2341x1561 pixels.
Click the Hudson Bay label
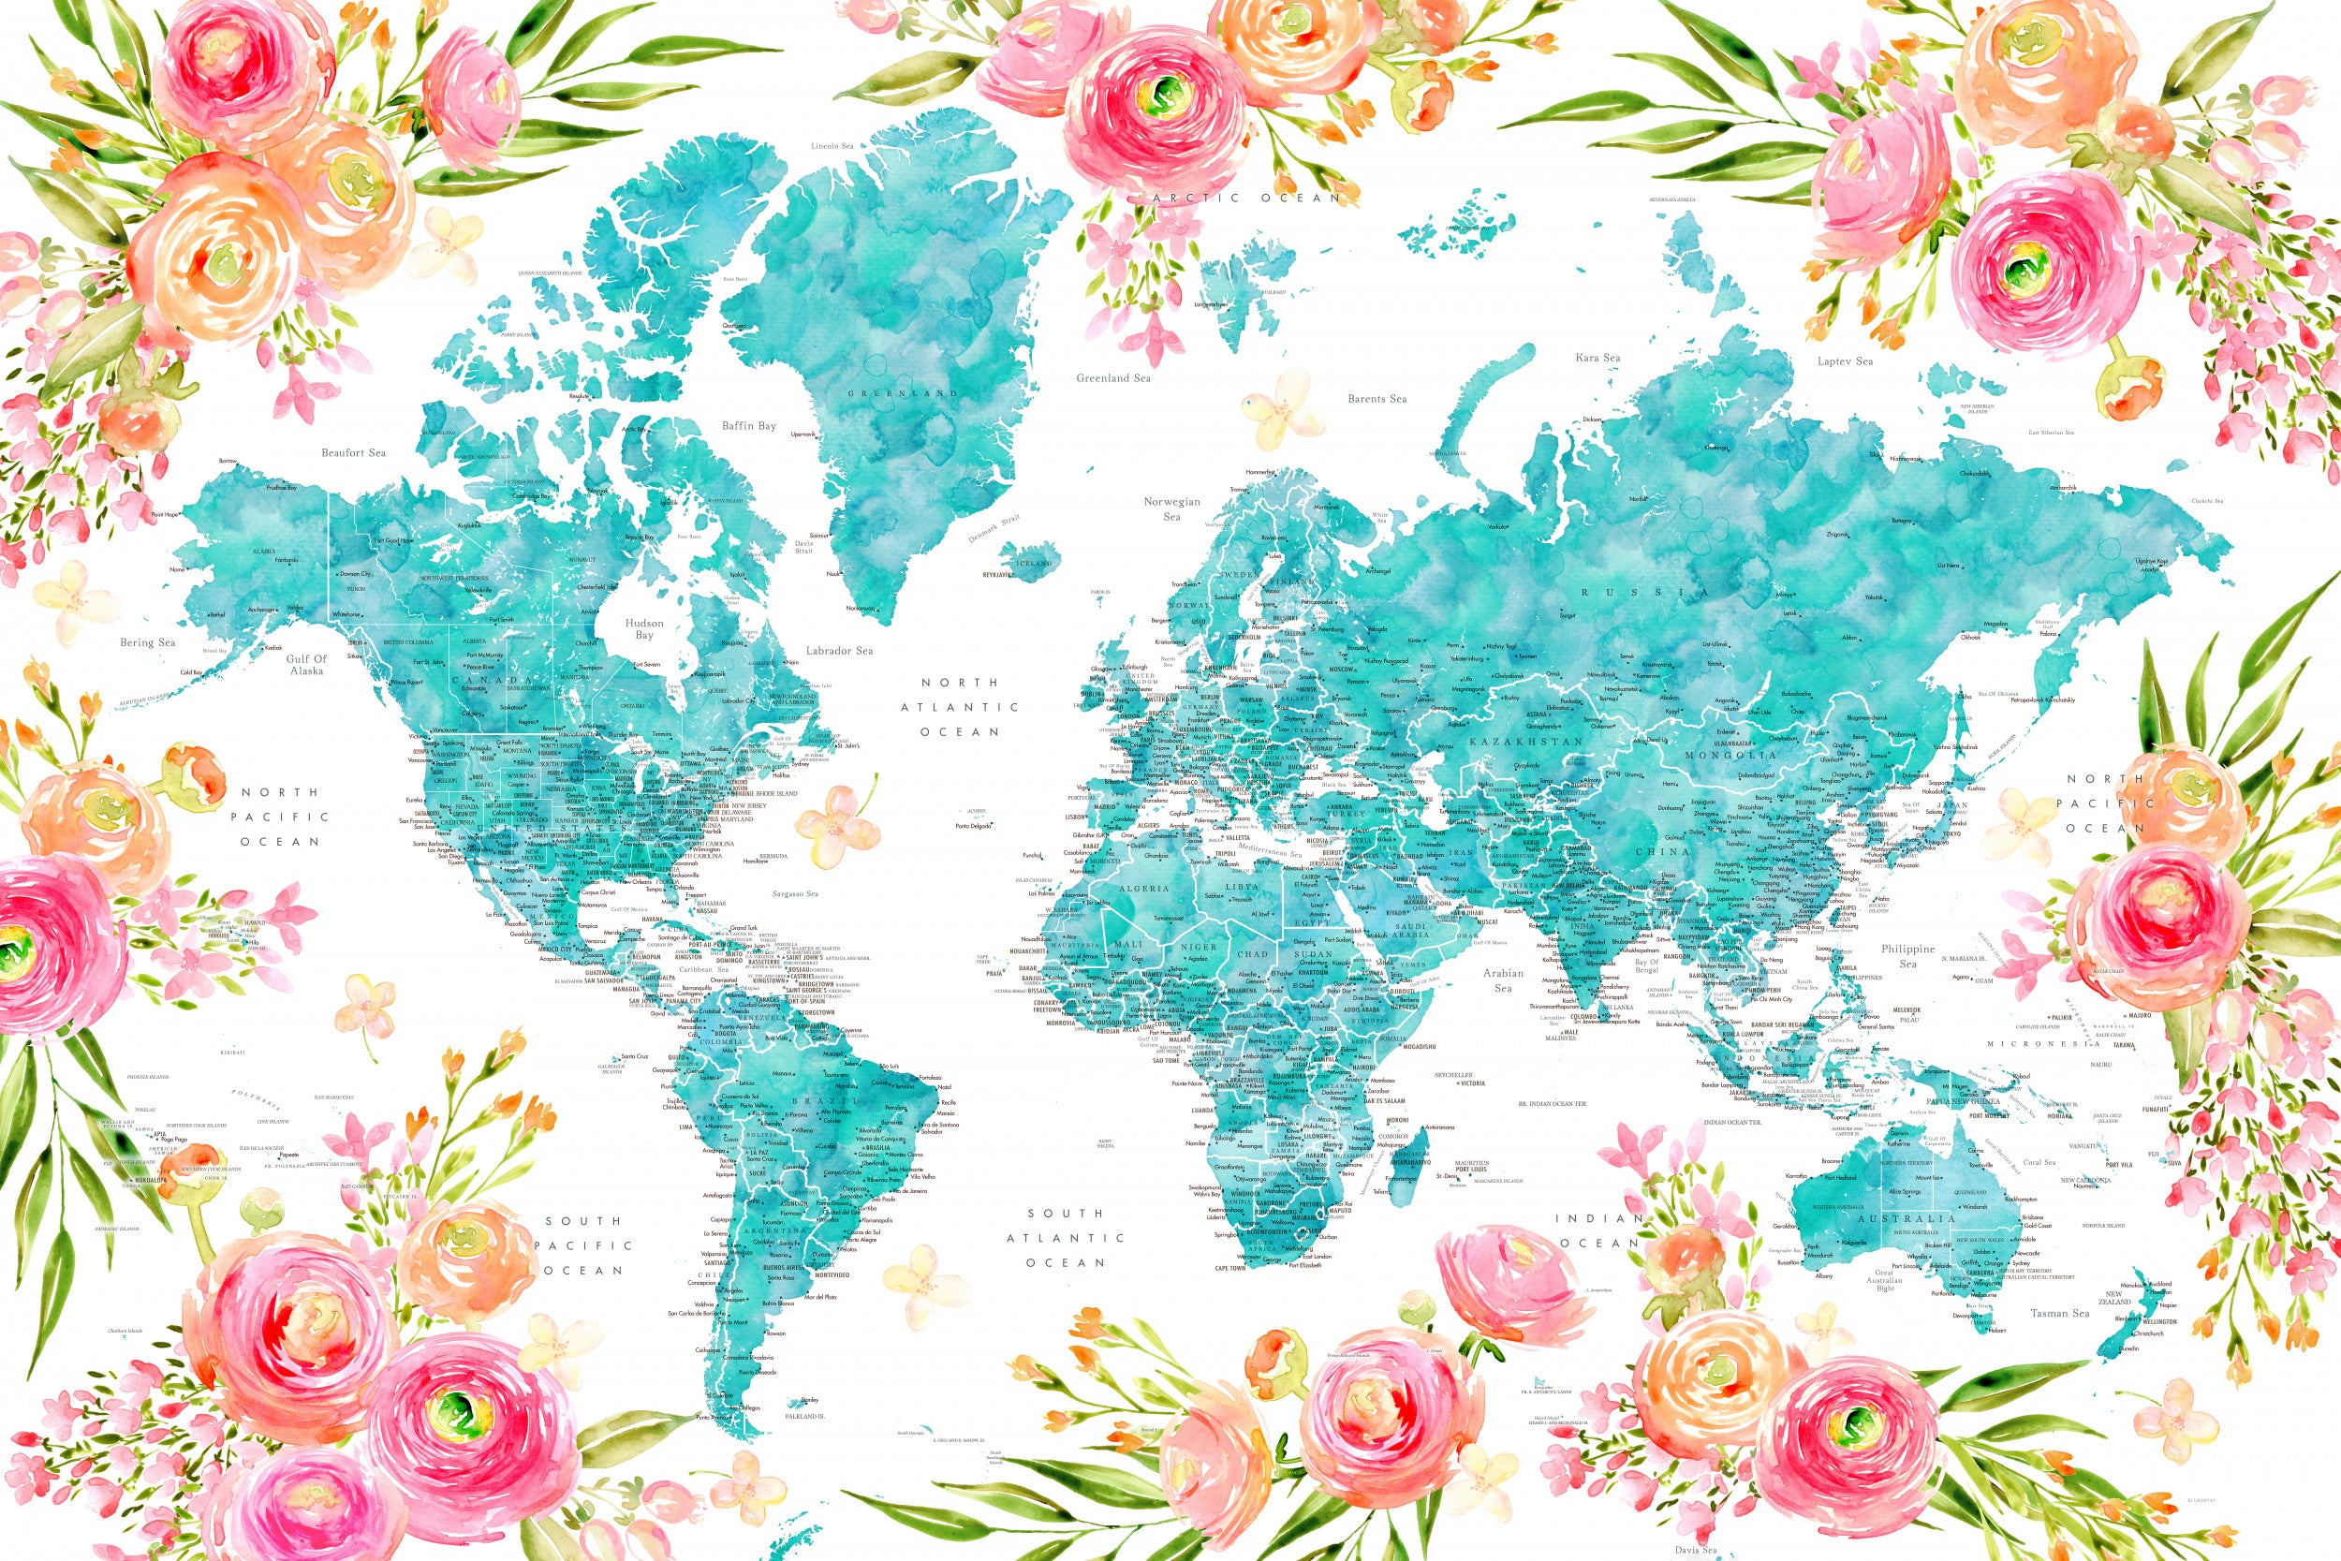(644, 629)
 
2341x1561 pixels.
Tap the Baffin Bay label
(748, 426)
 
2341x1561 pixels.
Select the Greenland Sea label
(1112, 378)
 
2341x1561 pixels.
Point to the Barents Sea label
(1377, 399)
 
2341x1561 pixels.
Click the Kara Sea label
(1597, 358)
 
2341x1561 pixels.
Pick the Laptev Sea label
(1846, 361)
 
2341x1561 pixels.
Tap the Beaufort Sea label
(353, 453)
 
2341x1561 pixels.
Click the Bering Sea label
(147, 643)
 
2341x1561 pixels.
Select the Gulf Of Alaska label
(306, 665)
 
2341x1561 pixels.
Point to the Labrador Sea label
(839, 651)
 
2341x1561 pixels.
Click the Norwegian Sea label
(1171, 508)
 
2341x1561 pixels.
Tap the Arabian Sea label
(1503, 980)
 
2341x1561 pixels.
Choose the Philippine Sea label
(1908, 957)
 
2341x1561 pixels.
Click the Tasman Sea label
(2059, 1313)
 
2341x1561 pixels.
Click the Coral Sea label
(2039, 1163)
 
